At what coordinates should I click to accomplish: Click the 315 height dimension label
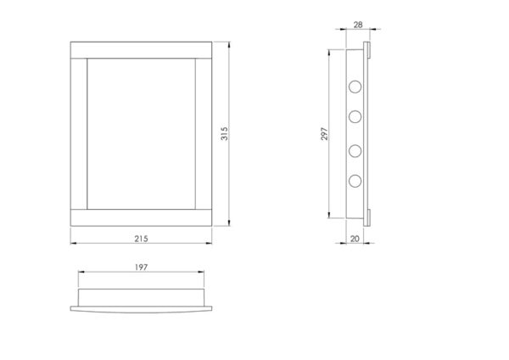pyautogui.click(x=224, y=133)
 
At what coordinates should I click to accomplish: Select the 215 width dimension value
pyautogui.click(x=141, y=239)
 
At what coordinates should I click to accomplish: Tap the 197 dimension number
pyautogui.click(x=141, y=267)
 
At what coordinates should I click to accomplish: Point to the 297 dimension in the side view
pyautogui.click(x=324, y=134)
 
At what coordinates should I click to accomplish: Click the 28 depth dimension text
pyautogui.click(x=358, y=25)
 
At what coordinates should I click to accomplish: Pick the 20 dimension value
pyautogui.click(x=355, y=239)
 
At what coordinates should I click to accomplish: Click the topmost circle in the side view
pyautogui.click(x=355, y=87)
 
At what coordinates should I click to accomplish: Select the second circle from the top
pyautogui.click(x=355, y=116)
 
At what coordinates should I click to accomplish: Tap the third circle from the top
pyautogui.click(x=355, y=151)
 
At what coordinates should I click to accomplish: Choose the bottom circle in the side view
pyautogui.click(x=355, y=181)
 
